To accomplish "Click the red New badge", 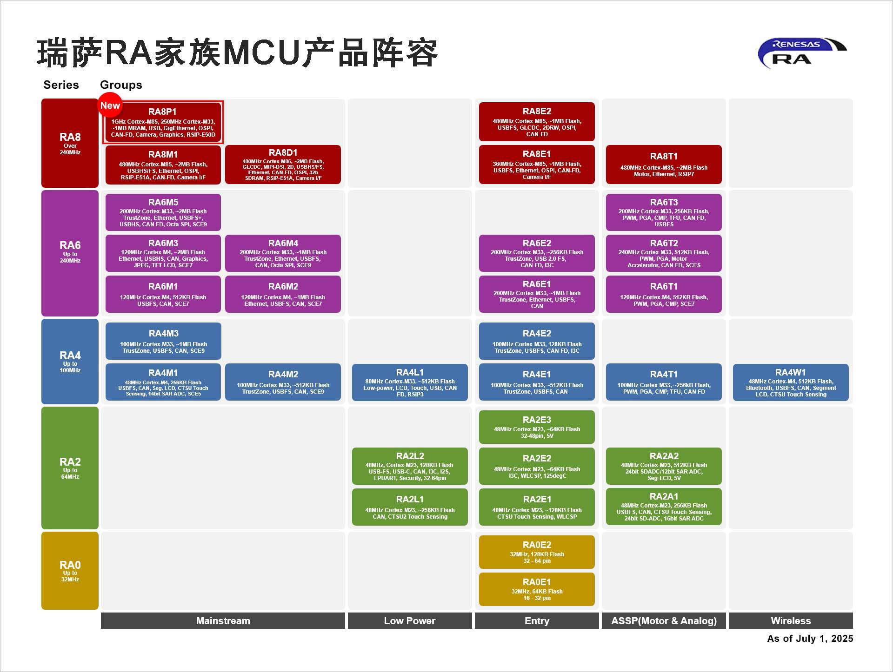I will click(110, 105).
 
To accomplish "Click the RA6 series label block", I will click(70, 253).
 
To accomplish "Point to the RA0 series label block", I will click(70, 570).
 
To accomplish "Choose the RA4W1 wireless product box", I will click(791, 382).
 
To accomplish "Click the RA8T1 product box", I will click(664, 165).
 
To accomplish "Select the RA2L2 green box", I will click(410, 466).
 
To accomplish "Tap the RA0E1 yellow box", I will click(537, 589).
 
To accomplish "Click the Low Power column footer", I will click(410, 621).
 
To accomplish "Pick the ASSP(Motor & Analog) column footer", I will click(664, 621).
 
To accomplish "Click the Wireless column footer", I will click(791, 621).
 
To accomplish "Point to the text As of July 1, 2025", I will click(810, 639).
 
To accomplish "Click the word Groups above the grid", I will click(121, 85).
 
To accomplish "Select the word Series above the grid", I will click(61, 85).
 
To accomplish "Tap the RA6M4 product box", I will click(283, 253).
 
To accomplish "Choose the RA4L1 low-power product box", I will click(410, 382).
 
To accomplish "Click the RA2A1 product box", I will click(664, 507).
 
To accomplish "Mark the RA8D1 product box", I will click(283, 165).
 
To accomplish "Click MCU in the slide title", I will click(262, 53).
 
